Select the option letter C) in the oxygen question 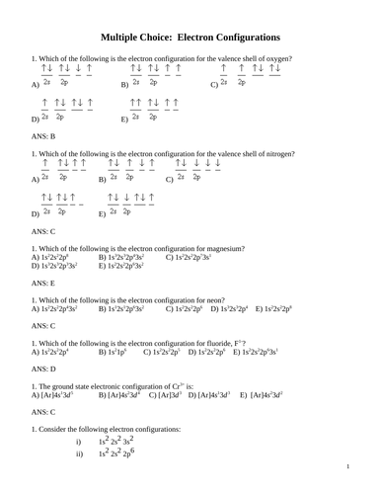214,86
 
